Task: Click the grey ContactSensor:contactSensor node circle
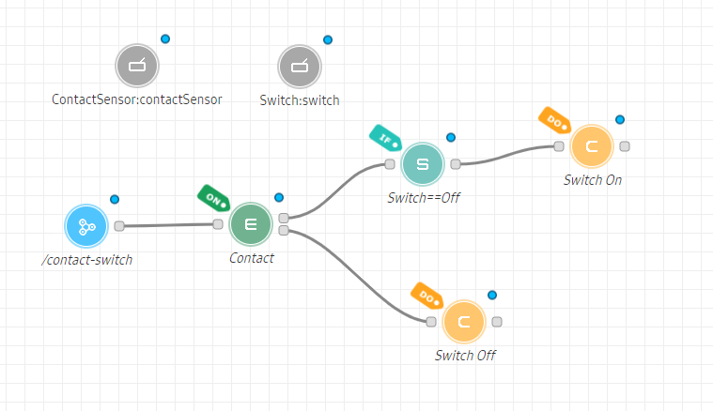coord(137,66)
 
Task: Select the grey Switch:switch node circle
coord(300,67)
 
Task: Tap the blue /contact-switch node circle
coord(86,226)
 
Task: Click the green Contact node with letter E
coord(251,224)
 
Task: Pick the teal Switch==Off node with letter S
coord(422,164)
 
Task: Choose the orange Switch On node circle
coord(592,146)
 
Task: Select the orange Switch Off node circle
coord(463,322)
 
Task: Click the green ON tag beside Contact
coord(212,198)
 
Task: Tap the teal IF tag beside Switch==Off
coord(384,138)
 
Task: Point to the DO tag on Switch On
coord(554,120)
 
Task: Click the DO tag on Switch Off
coord(426,296)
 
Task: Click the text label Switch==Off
coord(424,198)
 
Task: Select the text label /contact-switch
coord(86,259)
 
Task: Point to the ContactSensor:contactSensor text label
coord(137,99)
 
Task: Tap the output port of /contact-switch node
coord(119,225)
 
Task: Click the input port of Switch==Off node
coord(389,164)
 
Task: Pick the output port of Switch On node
coord(625,145)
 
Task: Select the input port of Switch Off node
coord(430,322)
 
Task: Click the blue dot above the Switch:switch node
coord(328,39)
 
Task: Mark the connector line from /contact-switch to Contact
coord(169,225)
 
